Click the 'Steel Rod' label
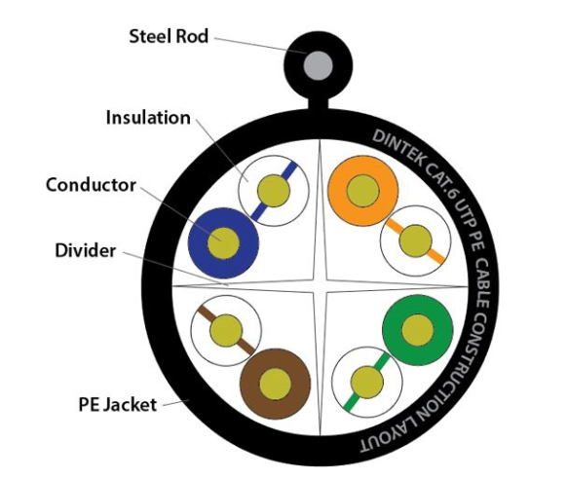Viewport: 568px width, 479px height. point(169,37)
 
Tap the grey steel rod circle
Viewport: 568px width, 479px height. point(318,66)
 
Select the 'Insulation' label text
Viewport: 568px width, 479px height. point(148,118)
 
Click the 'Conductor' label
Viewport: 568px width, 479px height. point(91,185)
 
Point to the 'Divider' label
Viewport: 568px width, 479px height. point(86,250)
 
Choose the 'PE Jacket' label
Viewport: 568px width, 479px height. point(118,405)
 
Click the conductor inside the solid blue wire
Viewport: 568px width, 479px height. point(223,243)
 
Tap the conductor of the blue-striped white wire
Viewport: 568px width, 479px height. point(274,191)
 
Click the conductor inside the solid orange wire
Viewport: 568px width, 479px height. point(363,191)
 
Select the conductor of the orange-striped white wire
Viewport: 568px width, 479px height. point(415,240)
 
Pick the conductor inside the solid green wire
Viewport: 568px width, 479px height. point(418,330)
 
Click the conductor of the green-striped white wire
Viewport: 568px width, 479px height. point(367,383)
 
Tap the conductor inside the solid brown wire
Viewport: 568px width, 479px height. point(276,384)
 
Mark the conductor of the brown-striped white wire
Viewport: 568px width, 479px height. point(226,331)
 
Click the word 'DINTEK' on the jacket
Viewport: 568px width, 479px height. point(398,148)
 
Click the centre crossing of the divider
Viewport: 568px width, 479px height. point(320,285)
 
